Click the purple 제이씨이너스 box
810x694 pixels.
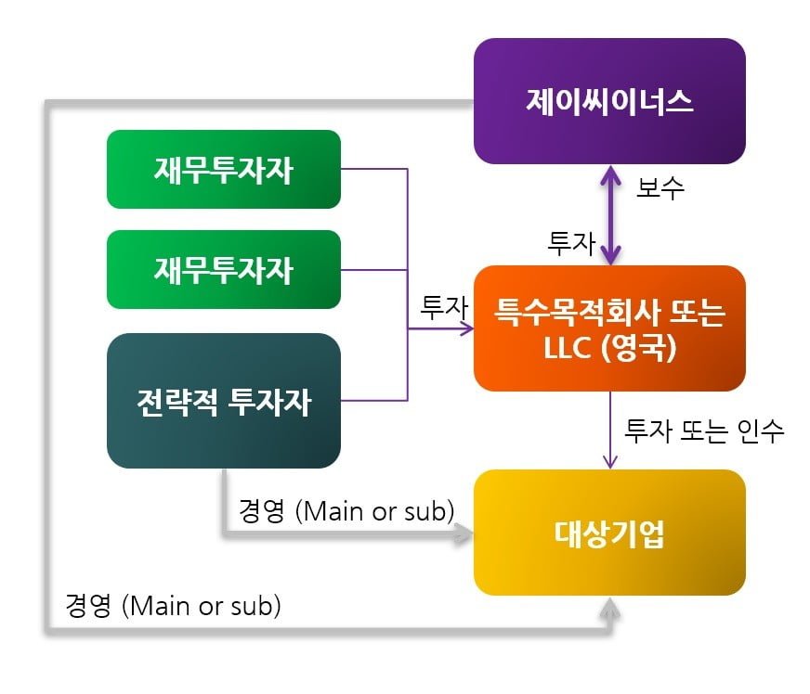(x=609, y=101)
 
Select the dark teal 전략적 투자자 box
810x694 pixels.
(x=224, y=401)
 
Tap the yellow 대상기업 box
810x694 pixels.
(x=609, y=533)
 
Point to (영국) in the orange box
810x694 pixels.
(x=639, y=347)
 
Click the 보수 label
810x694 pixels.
(x=660, y=187)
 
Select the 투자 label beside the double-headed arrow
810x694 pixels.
(x=571, y=243)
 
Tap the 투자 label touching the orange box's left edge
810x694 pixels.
(x=444, y=307)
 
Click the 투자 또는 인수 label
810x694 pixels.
(x=704, y=431)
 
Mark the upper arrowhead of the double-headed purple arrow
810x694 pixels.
(x=610, y=173)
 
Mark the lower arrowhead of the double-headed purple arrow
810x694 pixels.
(x=610, y=256)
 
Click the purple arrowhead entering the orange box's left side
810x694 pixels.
(x=467, y=328)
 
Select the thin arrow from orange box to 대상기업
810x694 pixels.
(x=610, y=431)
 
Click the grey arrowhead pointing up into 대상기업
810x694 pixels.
(x=610, y=608)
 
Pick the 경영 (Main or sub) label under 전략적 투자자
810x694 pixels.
(x=346, y=511)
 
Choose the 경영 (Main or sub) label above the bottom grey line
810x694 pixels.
(x=173, y=605)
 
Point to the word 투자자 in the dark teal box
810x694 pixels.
(x=269, y=402)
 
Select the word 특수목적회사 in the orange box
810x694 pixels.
(x=578, y=313)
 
